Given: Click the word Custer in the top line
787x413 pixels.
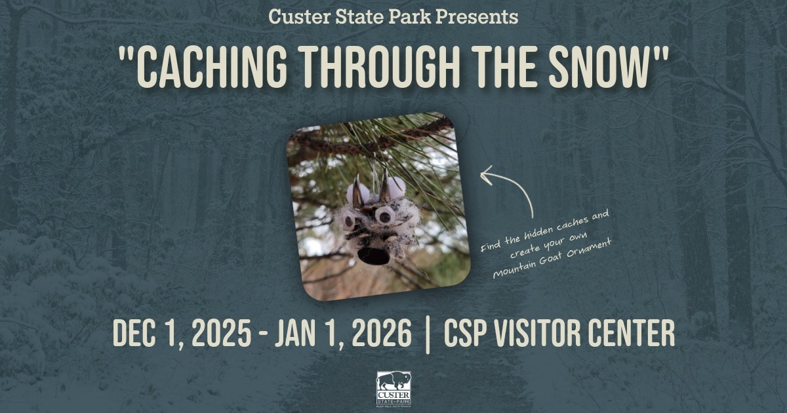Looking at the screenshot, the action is pos(299,17).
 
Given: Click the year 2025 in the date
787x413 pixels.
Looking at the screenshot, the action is pos(222,332).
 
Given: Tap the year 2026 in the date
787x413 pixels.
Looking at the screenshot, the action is pos(382,332).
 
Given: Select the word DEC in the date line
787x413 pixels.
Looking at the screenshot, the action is pos(134,332).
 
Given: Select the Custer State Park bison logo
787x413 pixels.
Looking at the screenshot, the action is pos(393,389).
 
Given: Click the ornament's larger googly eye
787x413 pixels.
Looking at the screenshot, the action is pos(384,214).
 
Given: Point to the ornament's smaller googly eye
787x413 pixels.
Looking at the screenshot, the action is pos(349,220).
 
